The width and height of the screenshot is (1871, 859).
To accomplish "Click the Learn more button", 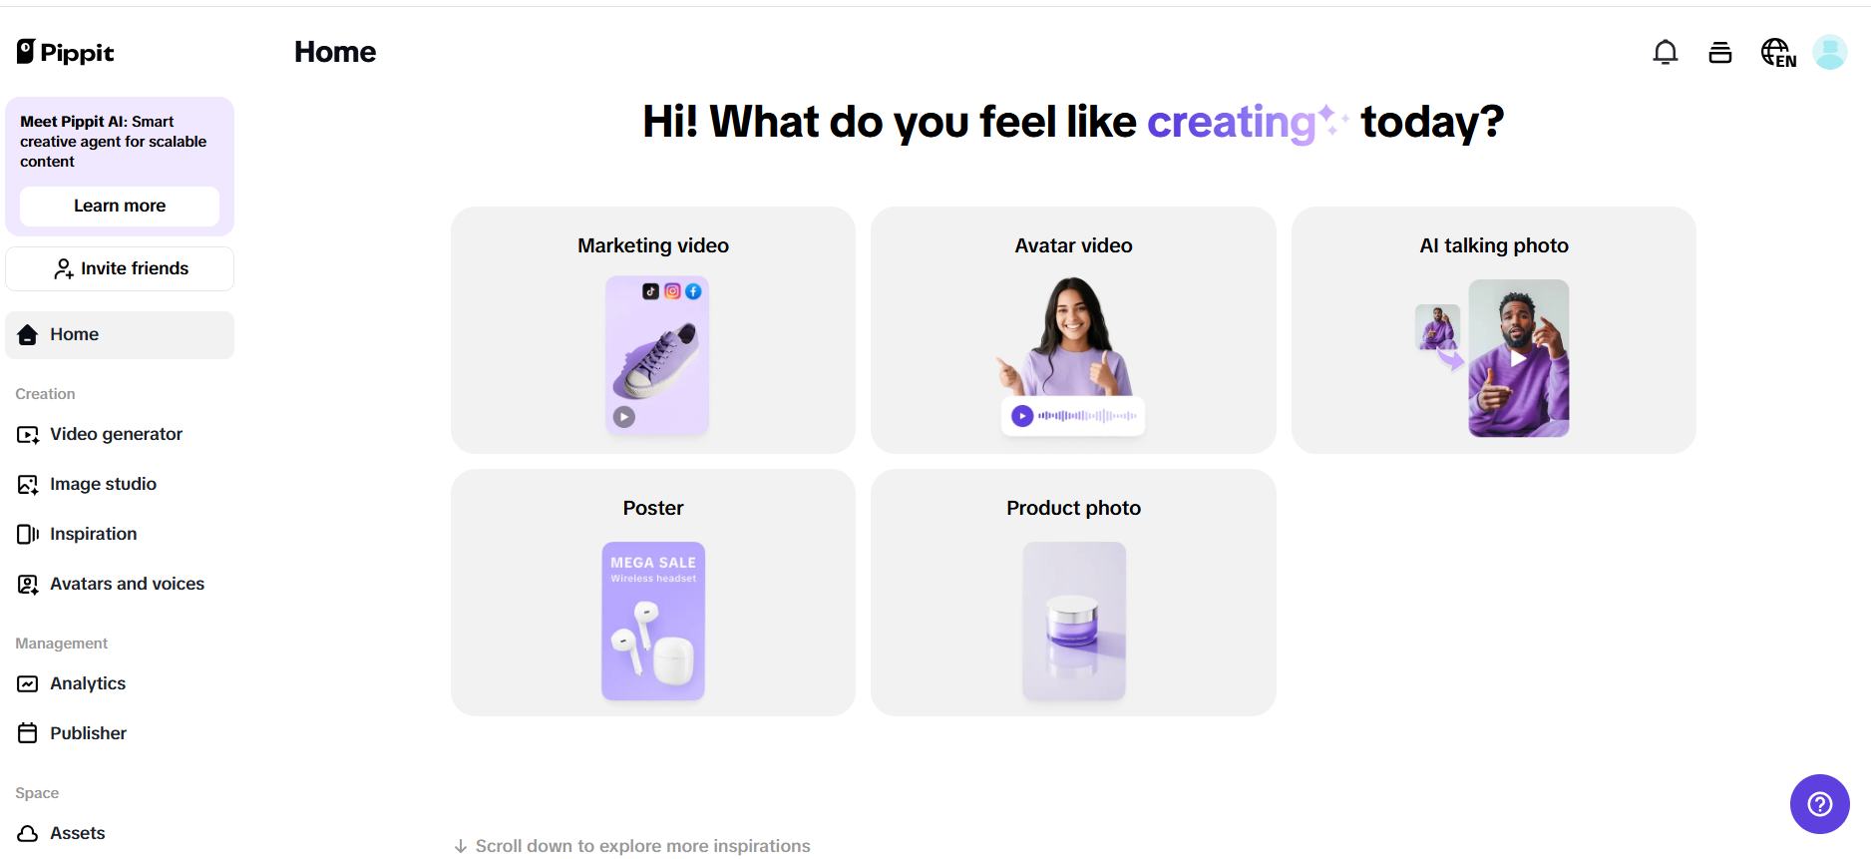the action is click(120, 206).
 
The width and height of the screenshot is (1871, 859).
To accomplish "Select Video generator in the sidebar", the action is click(116, 434).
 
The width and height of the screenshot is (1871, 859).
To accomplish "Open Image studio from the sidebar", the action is click(103, 484).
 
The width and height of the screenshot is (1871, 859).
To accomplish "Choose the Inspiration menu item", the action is click(93, 534).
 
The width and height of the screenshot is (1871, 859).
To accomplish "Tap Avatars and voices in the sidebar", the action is click(127, 584).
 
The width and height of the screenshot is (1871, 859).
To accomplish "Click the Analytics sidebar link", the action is click(88, 683).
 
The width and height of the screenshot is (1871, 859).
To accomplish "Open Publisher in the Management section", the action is click(88, 733).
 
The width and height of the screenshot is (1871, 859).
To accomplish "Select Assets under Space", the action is click(77, 833).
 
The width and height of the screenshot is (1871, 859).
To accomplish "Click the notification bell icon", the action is click(1666, 52).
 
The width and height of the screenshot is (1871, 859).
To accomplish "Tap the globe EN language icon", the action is click(1778, 52).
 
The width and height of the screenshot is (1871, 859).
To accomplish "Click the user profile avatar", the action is click(1830, 52).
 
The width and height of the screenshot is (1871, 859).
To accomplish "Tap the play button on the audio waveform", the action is click(1022, 416).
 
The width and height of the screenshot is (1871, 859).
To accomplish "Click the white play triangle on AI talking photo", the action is click(1518, 358).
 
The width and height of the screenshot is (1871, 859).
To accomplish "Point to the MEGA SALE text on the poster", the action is click(653, 563).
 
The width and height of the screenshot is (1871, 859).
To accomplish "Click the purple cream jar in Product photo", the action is click(1072, 622).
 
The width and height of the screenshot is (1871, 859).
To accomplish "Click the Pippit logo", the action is click(66, 52).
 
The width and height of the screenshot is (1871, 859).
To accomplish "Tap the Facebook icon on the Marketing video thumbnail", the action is click(693, 291).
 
